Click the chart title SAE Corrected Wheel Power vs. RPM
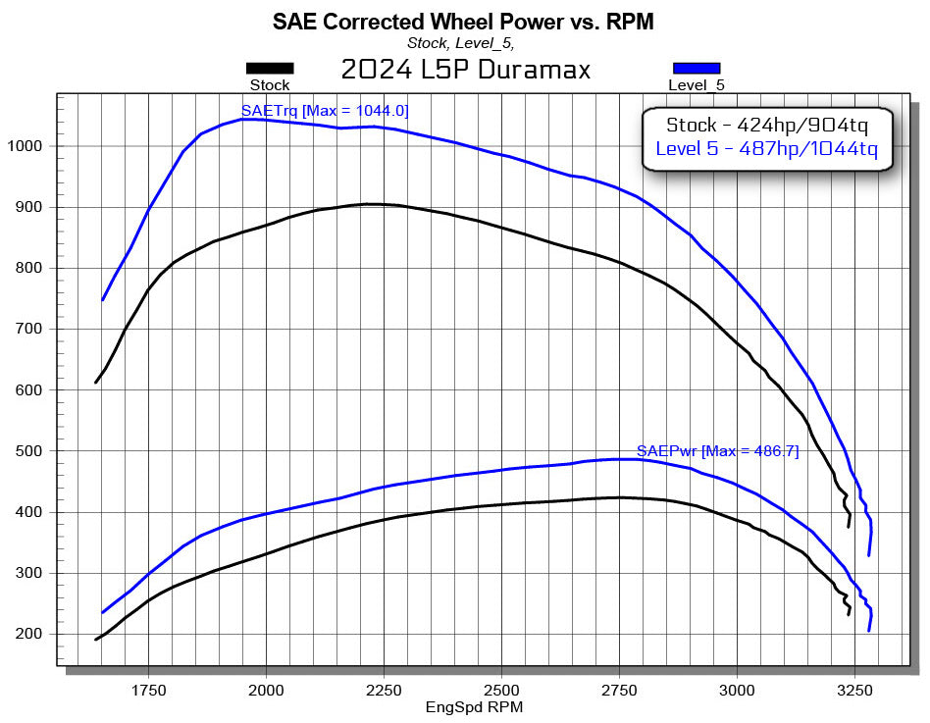pos(463,21)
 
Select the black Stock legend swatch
pos(270,68)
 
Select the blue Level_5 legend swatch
pos(697,68)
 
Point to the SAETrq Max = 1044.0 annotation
pos(325,111)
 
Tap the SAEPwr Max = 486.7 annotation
pos(718,451)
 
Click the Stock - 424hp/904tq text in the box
pos(766,125)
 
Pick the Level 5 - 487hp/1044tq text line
pos(766,151)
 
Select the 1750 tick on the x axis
pos(148,689)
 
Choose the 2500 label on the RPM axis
pos(501,689)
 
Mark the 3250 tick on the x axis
pos(854,689)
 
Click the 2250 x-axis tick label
pos(384,689)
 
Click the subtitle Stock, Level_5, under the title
pos(460,42)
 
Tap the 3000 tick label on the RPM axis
pos(737,689)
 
